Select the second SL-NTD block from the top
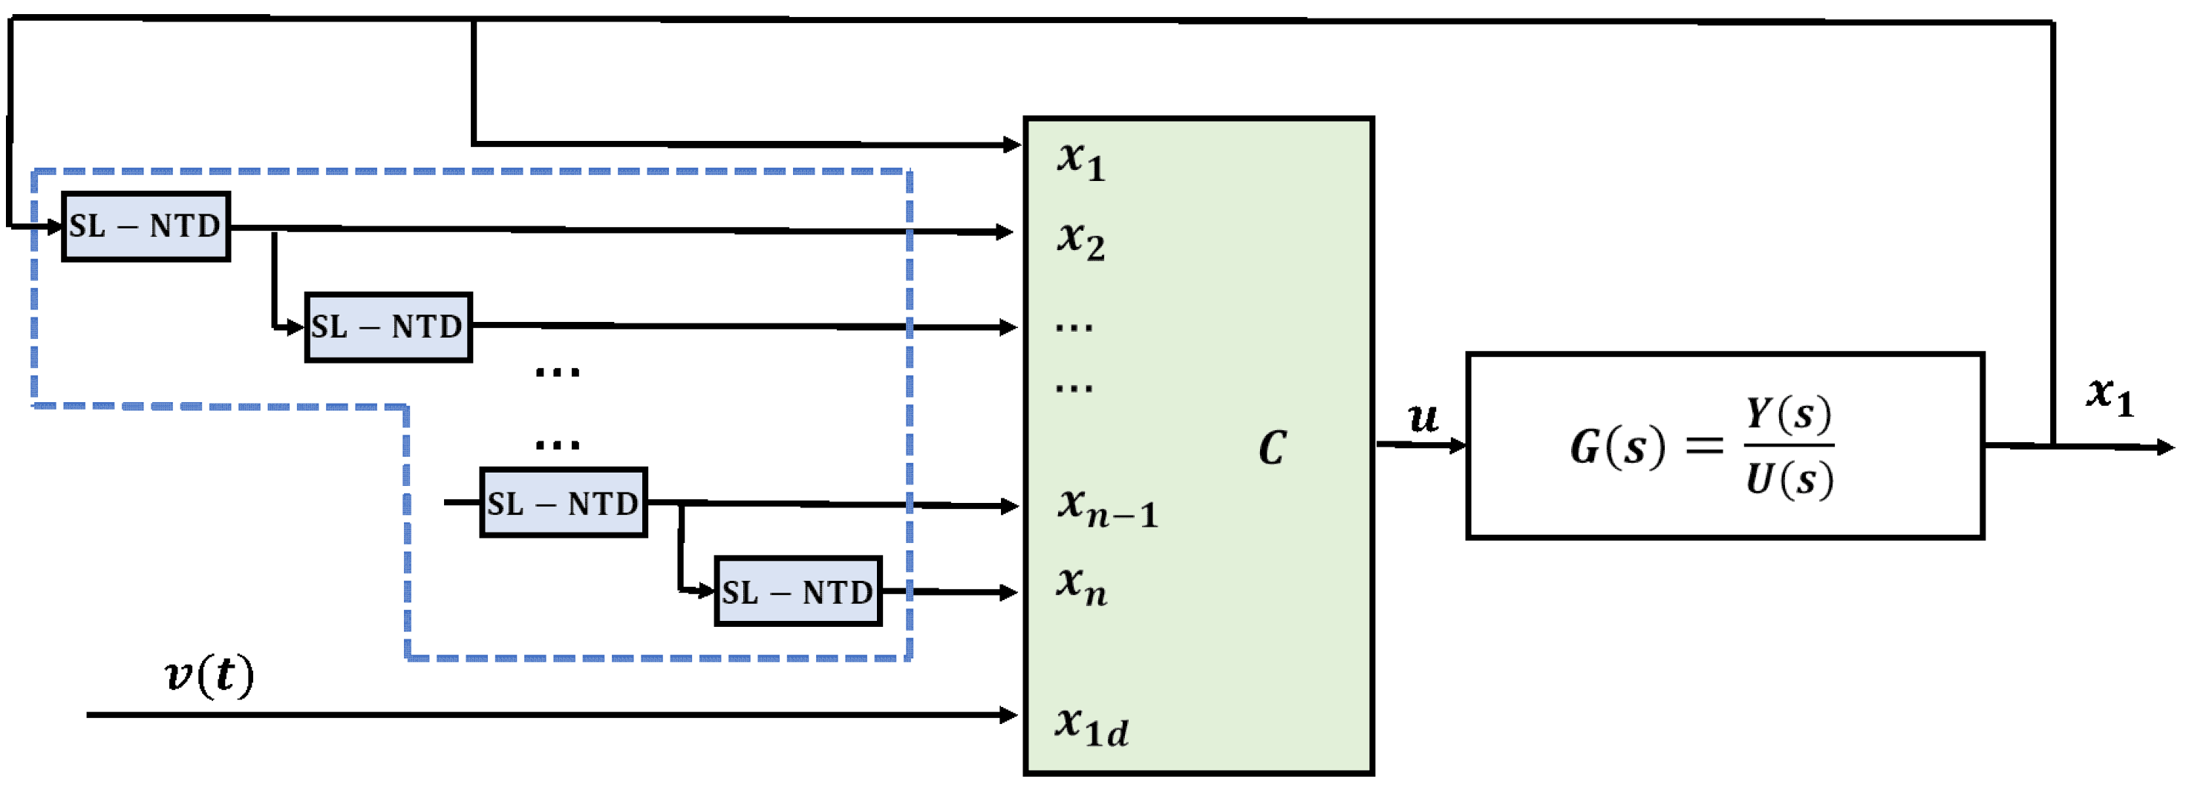pyautogui.click(x=388, y=327)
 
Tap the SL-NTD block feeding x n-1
pyautogui.click(x=564, y=503)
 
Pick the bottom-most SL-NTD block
pyautogui.click(x=797, y=592)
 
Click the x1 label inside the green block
pyautogui.click(x=1080, y=159)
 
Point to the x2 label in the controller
pyautogui.click(x=1080, y=240)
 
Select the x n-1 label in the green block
pyautogui.click(x=1106, y=507)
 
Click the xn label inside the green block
pyautogui.click(x=1081, y=586)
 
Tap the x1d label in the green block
pyautogui.click(x=1092, y=727)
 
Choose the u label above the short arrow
pyautogui.click(x=1422, y=418)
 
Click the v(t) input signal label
pyautogui.click(x=209, y=676)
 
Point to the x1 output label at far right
pyautogui.click(x=2110, y=395)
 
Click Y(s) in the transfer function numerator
pyautogui.click(x=1788, y=414)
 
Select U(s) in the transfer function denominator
pyautogui.click(x=1788, y=479)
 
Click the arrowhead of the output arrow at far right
pyautogui.click(x=2166, y=447)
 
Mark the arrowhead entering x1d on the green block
pyautogui.click(x=1010, y=715)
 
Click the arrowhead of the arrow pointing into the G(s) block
pyautogui.click(x=1458, y=445)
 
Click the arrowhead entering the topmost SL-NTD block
pyautogui.click(x=55, y=226)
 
